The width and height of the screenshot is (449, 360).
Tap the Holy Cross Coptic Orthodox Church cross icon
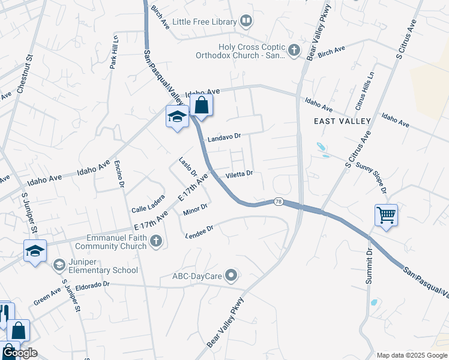(x=294, y=51)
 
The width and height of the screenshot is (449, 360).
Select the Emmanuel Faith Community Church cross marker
(x=155, y=241)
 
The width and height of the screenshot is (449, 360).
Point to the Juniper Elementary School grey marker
(x=59, y=265)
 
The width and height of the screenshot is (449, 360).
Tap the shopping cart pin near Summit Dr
(x=386, y=215)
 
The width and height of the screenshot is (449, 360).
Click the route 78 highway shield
(x=277, y=202)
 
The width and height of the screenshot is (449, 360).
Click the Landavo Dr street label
(x=224, y=137)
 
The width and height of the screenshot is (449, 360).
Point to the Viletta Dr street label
(x=239, y=174)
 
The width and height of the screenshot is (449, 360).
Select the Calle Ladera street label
(x=148, y=206)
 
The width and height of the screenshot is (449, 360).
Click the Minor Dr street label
(x=195, y=209)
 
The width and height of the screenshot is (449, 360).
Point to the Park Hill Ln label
(x=113, y=52)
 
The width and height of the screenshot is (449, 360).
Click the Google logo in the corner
(x=20, y=353)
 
